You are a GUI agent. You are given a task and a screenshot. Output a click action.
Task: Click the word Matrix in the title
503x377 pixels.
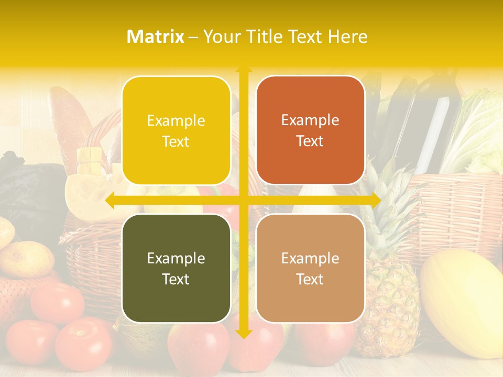click(156, 37)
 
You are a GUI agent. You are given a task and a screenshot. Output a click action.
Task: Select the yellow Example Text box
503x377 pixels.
click(176, 130)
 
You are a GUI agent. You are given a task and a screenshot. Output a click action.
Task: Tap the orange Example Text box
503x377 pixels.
click(310, 130)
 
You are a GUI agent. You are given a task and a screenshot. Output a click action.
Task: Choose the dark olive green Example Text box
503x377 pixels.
click(176, 268)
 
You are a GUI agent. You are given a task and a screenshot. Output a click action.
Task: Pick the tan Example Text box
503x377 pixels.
click(310, 268)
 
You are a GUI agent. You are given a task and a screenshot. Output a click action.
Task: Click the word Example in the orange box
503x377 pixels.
click(310, 120)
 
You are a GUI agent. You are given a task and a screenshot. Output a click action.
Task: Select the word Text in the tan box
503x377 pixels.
click(310, 279)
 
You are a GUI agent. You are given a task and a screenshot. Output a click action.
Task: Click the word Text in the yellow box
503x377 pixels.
click(176, 141)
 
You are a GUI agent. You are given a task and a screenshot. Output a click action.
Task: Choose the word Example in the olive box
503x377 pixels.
click(176, 258)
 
